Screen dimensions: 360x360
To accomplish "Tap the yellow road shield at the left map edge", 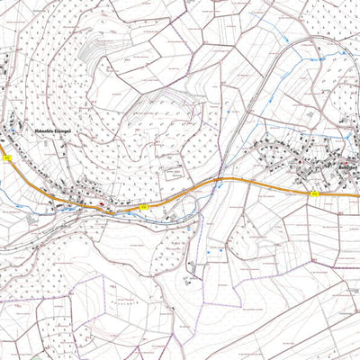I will tap(6, 157).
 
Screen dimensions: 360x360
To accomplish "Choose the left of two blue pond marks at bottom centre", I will tap(207, 253).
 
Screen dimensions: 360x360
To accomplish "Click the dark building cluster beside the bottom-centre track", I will tap(188, 268).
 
